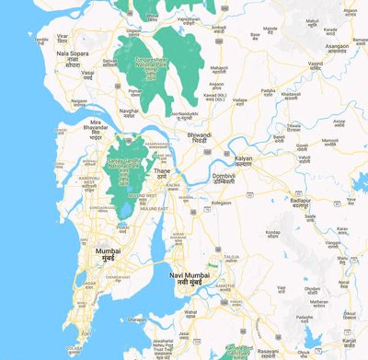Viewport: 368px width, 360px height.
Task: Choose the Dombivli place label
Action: point(225,177)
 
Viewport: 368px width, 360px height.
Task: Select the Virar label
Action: point(63,36)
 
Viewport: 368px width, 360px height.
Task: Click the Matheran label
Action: point(318,304)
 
